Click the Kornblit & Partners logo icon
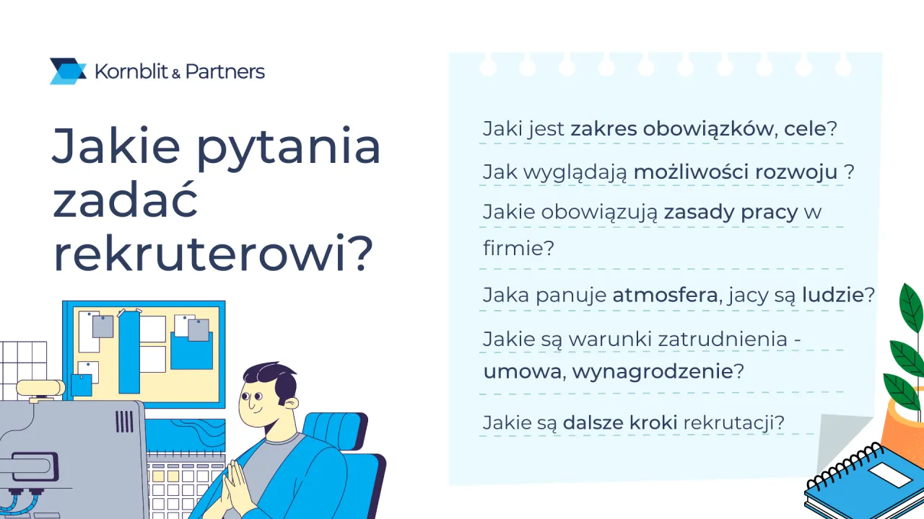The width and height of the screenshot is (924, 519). [68, 71]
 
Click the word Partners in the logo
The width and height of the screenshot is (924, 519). [225, 71]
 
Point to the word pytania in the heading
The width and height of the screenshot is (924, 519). [289, 146]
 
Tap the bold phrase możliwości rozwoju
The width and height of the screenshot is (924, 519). [735, 173]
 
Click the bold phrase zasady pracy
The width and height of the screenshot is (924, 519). [731, 213]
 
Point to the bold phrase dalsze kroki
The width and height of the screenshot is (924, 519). [619, 422]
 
